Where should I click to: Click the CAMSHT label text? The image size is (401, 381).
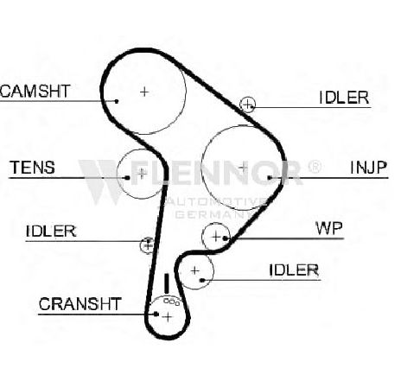pos(35,91)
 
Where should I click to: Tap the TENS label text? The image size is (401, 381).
pos(32,168)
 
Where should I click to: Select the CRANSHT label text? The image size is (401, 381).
pos(80,304)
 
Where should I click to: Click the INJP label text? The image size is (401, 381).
pos(368,168)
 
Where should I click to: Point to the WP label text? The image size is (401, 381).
pos(329,228)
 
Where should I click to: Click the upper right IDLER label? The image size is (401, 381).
pos(344,98)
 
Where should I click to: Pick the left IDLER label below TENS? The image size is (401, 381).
pos(51,231)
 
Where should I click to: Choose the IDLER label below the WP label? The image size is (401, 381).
pos(294,270)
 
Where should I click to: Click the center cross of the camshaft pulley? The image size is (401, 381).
pos(144,92)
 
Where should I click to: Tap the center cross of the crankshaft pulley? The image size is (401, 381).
pos(168,317)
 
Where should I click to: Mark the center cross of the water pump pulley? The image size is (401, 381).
pos(215,237)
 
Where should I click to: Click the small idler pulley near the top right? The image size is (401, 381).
pos(247,105)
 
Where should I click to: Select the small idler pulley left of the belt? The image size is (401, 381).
pos(148,245)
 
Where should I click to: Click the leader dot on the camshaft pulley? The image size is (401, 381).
pos(117,101)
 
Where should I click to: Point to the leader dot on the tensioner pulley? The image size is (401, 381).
pos(127,178)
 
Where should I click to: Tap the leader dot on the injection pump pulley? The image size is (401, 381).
pos(270,178)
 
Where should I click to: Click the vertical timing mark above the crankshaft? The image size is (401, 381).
pos(166,283)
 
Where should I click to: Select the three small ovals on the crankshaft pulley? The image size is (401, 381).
pos(172,302)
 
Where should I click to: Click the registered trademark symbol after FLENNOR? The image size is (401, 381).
pos(314,166)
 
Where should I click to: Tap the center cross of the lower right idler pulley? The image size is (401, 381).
pos(195,270)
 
